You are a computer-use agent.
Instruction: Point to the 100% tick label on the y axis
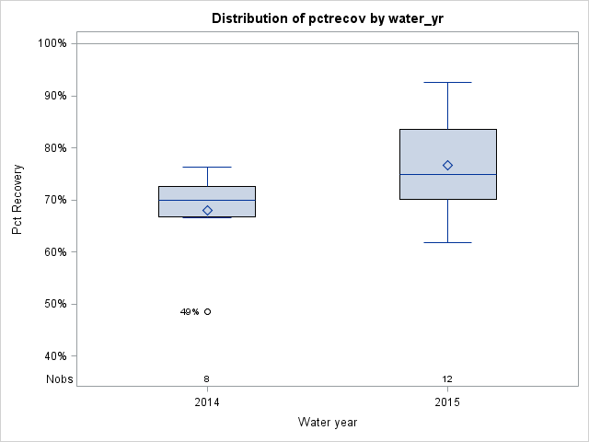coord(52,43)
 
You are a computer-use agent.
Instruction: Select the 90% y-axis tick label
coord(53,96)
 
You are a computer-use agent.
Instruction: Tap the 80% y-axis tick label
coord(53,147)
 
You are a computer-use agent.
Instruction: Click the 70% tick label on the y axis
coord(53,200)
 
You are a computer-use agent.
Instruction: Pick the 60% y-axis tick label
coord(53,252)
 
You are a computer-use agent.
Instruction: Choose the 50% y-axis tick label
coord(53,304)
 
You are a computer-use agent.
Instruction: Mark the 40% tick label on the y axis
coord(53,356)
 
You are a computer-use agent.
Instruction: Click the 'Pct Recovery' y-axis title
coord(18,200)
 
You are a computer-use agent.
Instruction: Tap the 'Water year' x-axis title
coord(328,422)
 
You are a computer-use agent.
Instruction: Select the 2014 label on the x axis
coord(207,402)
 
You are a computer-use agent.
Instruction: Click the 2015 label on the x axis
coord(447,402)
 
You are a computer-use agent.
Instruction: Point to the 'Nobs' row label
coord(60,379)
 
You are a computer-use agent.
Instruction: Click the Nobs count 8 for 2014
coord(207,379)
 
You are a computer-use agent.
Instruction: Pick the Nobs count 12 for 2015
coord(447,379)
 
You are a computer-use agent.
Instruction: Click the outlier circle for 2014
coord(207,312)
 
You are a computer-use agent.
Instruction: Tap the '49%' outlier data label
coord(190,312)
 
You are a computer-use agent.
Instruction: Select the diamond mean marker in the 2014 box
coord(207,210)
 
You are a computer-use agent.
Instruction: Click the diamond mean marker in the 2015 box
coord(447,166)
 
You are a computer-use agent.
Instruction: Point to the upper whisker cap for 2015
coord(447,83)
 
